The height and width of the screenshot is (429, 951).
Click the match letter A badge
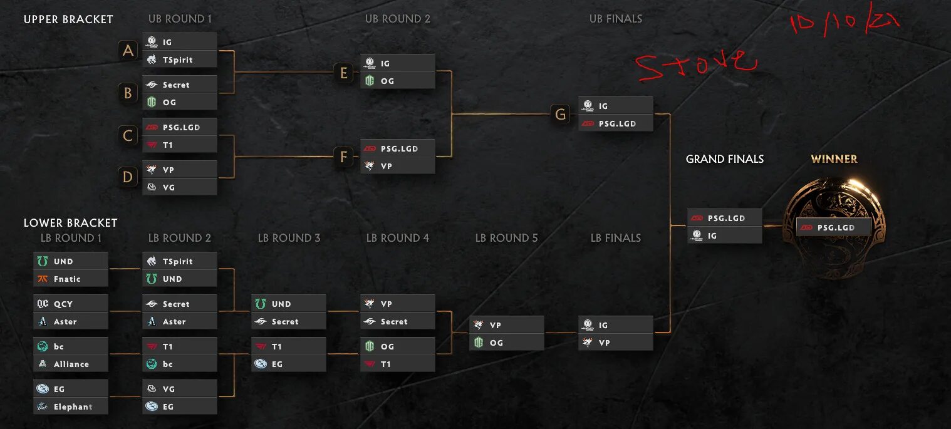(x=128, y=51)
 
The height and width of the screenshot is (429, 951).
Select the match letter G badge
(x=561, y=115)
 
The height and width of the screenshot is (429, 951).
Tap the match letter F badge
(x=343, y=157)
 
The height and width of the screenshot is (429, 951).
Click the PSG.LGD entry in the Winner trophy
(x=834, y=227)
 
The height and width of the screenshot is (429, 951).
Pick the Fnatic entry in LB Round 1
(x=71, y=279)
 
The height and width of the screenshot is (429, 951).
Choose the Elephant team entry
(x=71, y=406)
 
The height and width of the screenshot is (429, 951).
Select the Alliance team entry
(x=71, y=364)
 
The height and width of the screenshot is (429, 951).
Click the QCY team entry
(x=71, y=304)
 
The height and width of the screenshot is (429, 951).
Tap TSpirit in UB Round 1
(x=180, y=59)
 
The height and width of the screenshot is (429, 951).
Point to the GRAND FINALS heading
(x=725, y=159)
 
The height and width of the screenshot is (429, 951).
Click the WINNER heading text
(x=834, y=159)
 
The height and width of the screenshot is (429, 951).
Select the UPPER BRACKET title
(x=68, y=19)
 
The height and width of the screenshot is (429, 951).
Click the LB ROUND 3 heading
(x=289, y=238)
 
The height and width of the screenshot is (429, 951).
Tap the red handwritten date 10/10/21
(x=844, y=23)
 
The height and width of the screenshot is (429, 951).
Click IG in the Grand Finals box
(x=725, y=235)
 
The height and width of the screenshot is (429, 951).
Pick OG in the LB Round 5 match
(x=507, y=343)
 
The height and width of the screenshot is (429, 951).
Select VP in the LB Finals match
(x=616, y=343)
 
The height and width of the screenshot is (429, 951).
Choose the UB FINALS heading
(x=616, y=19)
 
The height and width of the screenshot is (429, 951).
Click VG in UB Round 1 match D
(x=180, y=187)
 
